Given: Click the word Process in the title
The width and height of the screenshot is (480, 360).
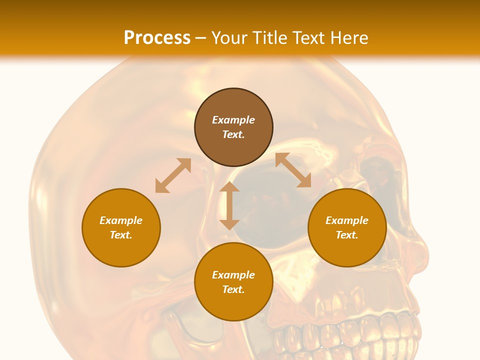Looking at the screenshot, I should pos(157,38).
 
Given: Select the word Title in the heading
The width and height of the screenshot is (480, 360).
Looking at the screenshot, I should pos(273,38).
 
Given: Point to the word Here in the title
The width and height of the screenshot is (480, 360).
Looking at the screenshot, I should pos(348,38).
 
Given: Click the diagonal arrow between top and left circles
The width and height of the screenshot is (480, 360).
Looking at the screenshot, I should pos(173,175).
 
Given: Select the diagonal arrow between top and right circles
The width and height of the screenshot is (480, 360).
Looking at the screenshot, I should pos(293,170).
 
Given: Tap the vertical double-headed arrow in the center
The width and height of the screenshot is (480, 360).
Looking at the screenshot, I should pos(229,205).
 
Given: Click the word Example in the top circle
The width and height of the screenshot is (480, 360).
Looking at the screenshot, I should pos(233,120).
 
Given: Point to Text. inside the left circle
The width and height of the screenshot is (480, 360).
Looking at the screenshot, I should pos(121,235).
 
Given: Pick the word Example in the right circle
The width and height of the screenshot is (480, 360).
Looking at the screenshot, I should pos(347,220).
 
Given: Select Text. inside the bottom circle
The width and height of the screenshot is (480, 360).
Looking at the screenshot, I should pos(233,289).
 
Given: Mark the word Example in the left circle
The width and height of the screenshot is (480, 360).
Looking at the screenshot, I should pos(121,220).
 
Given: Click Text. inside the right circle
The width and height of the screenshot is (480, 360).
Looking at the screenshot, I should pos(347,235).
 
